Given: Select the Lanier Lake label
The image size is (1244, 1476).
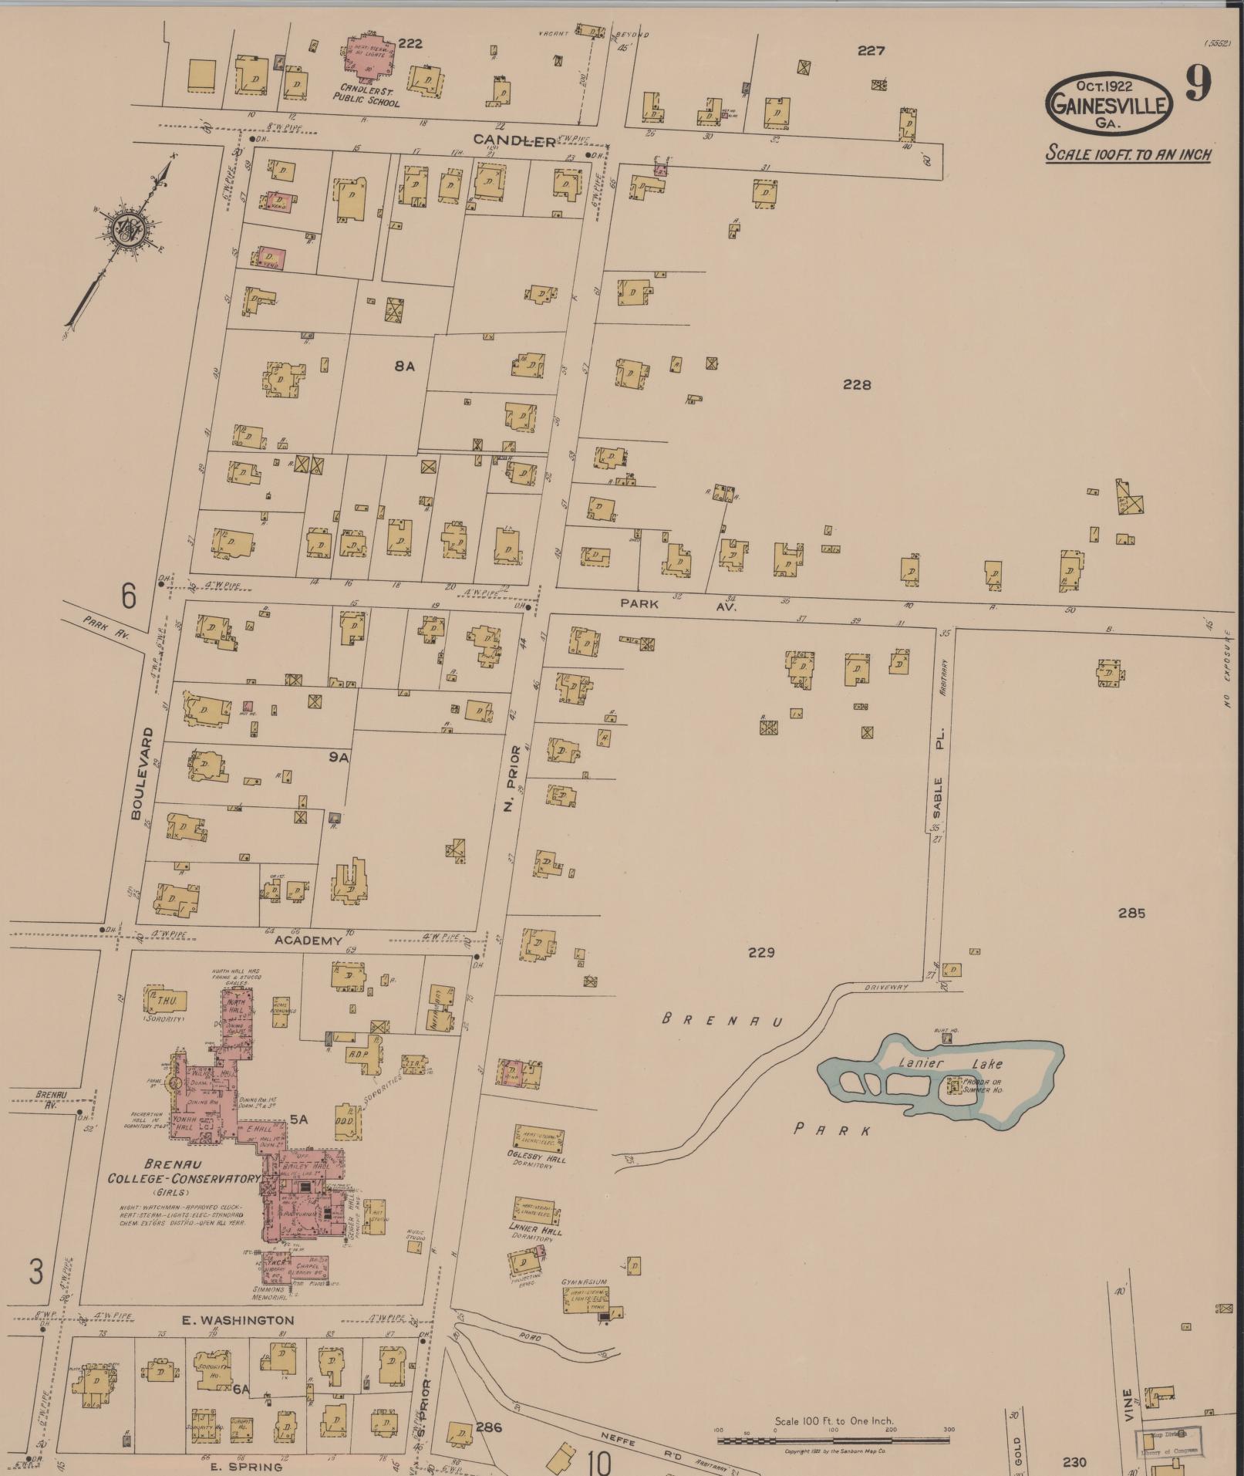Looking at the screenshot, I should pyautogui.click(x=950, y=1064).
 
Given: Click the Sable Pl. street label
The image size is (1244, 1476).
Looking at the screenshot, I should pyautogui.click(x=939, y=783).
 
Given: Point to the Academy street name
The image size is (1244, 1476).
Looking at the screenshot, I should pyautogui.click(x=308, y=941).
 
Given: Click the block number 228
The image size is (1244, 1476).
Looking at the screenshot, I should pyautogui.click(x=856, y=384).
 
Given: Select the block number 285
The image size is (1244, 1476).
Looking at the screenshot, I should pyautogui.click(x=1131, y=913).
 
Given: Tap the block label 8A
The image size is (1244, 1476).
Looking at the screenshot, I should pyautogui.click(x=404, y=366).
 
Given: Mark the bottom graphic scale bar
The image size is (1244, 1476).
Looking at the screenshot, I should pyautogui.click(x=833, y=1440).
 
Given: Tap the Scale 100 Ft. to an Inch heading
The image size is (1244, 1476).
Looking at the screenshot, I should pyautogui.click(x=1128, y=154).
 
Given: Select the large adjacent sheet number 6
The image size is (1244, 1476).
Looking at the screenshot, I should pyautogui.click(x=128, y=596).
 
